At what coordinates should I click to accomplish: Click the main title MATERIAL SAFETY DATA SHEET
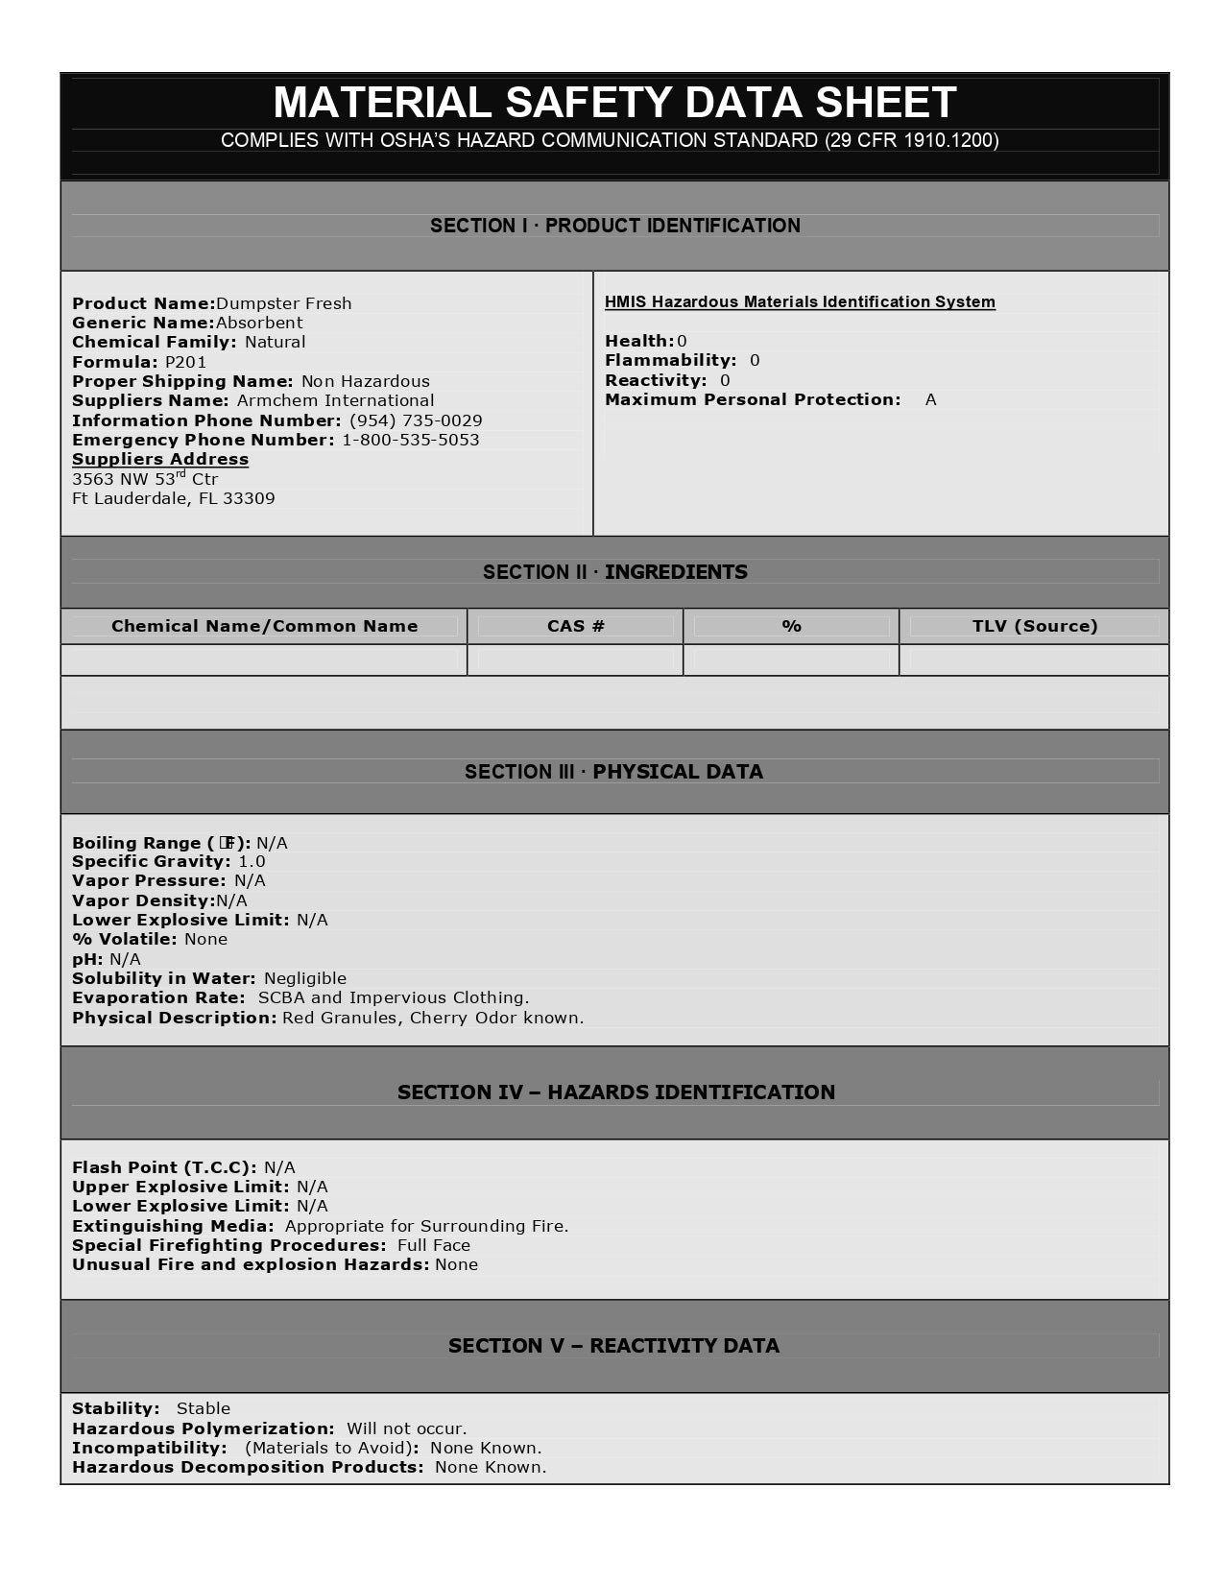(614, 103)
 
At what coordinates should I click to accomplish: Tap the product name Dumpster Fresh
(284, 303)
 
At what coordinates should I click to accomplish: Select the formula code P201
(185, 362)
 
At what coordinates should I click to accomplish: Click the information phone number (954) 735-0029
(416, 420)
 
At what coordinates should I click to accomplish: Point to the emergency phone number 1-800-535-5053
(411, 440)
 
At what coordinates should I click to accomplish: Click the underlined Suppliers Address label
(160, 459)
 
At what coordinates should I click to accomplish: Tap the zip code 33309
(249, 498)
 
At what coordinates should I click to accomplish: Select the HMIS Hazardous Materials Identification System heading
(800, 301)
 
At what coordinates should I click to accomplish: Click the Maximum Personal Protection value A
(930, 399)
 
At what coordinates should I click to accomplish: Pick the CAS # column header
(576, 626)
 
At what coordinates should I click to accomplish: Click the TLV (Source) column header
(1035, 626)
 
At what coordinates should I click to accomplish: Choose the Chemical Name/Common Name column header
(264, 626)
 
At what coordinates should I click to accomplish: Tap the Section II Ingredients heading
(614, 572)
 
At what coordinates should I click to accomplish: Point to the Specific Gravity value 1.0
(252, 861)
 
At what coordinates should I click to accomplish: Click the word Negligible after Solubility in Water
(305, 978)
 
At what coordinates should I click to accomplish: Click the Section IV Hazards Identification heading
(615, 1092)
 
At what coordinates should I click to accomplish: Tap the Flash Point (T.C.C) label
(164, 1167)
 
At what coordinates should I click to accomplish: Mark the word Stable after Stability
(204, 1408)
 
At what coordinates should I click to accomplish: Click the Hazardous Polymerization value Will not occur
(406, 1428)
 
